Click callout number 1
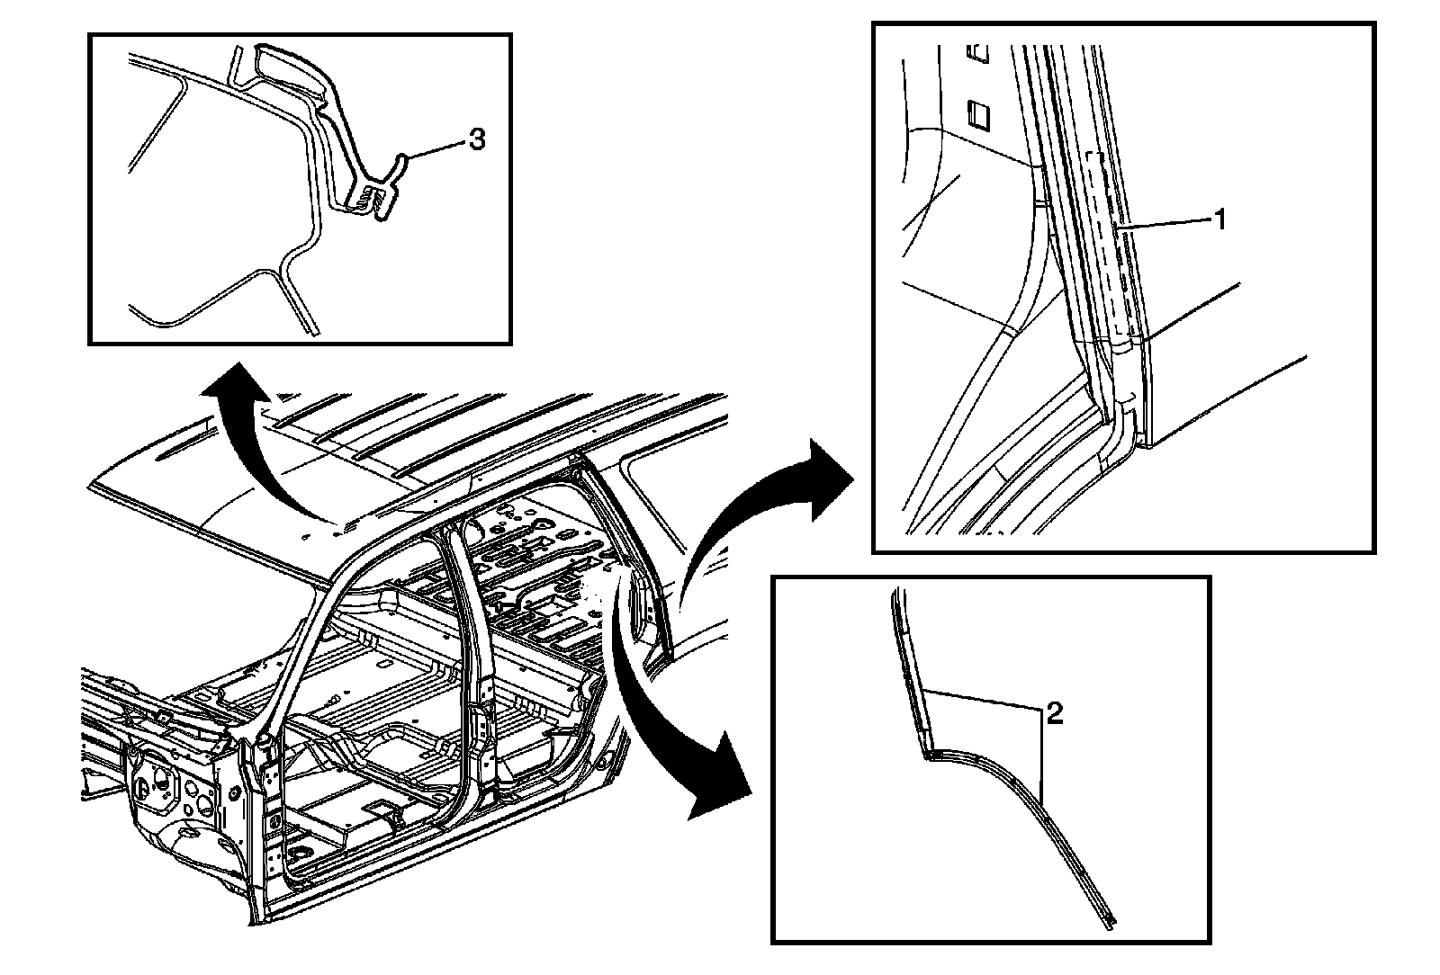point(1220,219)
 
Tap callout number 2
point(1054,715)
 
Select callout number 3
point(477,139)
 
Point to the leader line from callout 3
point(436,146)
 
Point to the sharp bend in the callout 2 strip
point(928,754)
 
